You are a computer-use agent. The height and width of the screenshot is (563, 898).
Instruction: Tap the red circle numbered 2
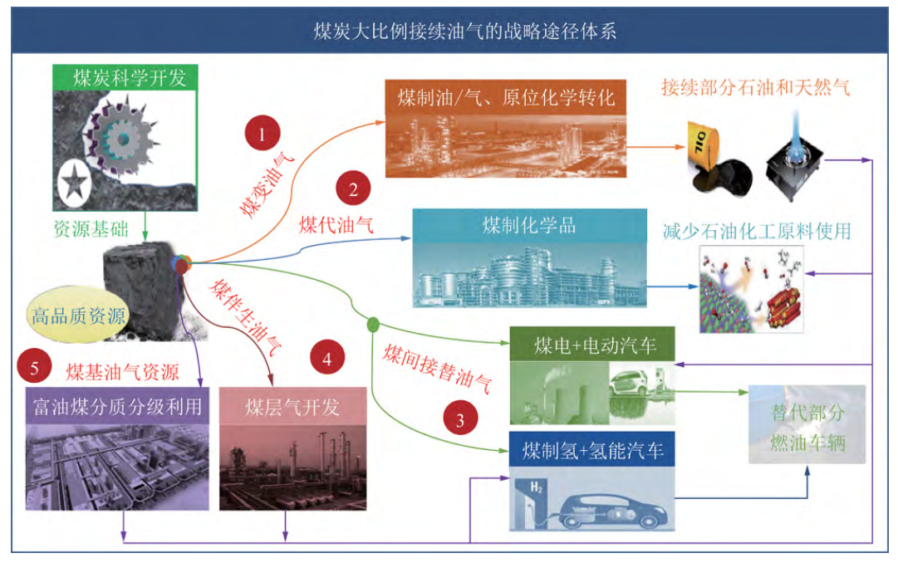click(x=353, y=188)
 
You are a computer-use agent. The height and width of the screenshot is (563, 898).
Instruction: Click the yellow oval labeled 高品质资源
click(x=78, y=315)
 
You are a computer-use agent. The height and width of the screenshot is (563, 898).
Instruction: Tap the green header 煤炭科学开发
click(x=125, y=77)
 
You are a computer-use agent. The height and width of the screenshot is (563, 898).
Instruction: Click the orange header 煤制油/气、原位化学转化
click(x=505, y=97)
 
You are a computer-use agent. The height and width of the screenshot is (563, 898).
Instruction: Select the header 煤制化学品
click(x=530, y=225)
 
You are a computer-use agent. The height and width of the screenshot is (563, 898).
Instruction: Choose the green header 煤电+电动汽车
click(x=592, y=345)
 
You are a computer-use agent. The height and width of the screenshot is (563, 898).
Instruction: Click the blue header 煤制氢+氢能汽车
click(x=592, y=450)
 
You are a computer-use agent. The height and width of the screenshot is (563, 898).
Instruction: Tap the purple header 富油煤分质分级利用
click(x=117, y=406)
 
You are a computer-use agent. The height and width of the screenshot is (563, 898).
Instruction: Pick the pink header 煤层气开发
click(x=292, y=406)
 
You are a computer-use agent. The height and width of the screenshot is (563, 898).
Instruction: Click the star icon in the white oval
click(x=75, y=183)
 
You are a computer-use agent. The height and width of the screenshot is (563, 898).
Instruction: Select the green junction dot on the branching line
click(x=373, y=325)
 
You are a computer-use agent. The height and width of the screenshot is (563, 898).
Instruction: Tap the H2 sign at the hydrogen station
click(x=536, y=488)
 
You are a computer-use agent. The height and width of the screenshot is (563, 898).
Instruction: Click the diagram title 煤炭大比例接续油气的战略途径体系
click(x=464, y=31)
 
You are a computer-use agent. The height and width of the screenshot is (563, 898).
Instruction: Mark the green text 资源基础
click(x=91, y=229)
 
